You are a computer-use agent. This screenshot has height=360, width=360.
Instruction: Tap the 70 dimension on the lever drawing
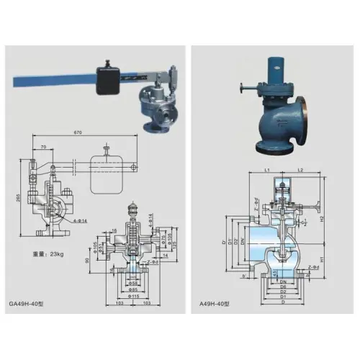(x=44, y=147)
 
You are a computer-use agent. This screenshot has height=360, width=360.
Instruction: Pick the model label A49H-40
(x=215, y=305)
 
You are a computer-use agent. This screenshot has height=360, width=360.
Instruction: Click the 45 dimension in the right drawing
(x=258, y=271)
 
